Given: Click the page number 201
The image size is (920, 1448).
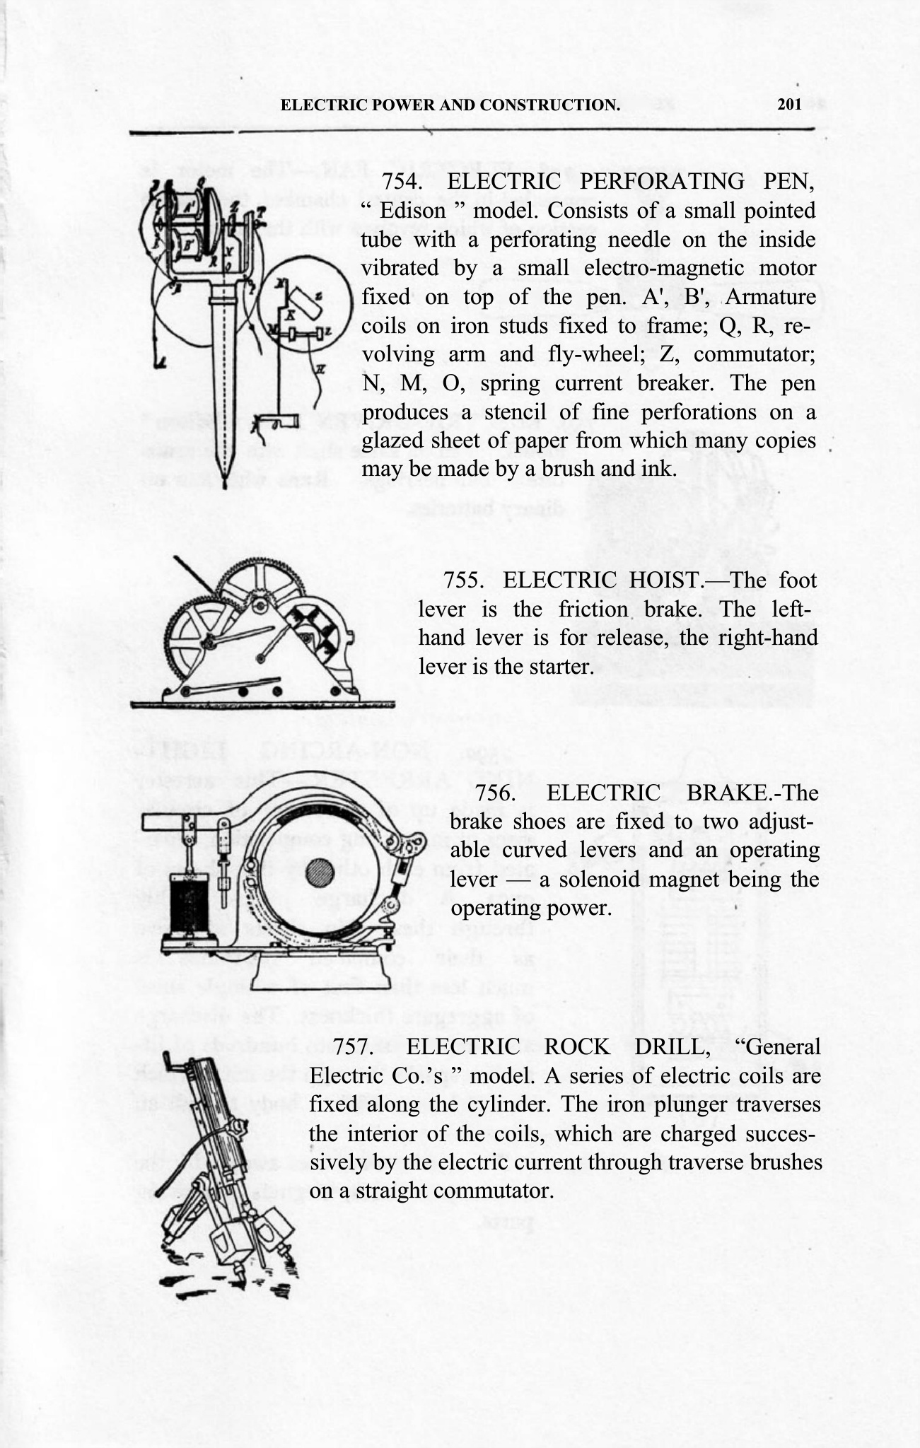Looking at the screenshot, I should pyautogui.click(x=789, y=105).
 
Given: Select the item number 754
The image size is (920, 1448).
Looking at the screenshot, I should pyautogui.click(x=402, y=182).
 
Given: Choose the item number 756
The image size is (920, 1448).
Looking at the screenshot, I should pyautogui.click(x=499, y=793).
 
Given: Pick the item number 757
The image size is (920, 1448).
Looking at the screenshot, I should pyautogui.click(x=357, y=1047).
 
